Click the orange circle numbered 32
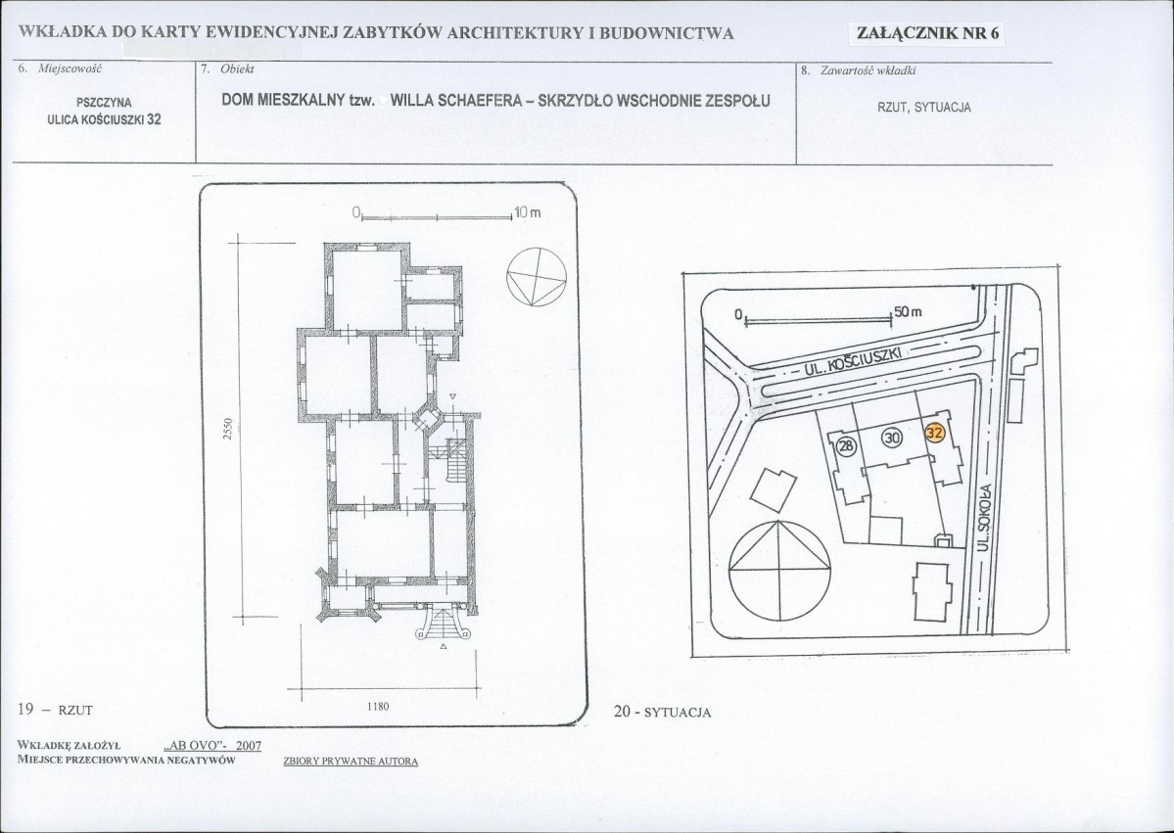935,433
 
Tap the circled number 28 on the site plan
846,446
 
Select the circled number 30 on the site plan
892,438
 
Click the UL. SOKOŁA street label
985,517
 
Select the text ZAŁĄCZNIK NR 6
927,33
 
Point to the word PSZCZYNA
104,103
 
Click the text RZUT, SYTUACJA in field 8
924,108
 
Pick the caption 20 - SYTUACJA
662,712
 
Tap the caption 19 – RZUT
55,710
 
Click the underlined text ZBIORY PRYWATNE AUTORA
351,762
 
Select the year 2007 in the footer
248,746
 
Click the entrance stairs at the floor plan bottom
444,623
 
